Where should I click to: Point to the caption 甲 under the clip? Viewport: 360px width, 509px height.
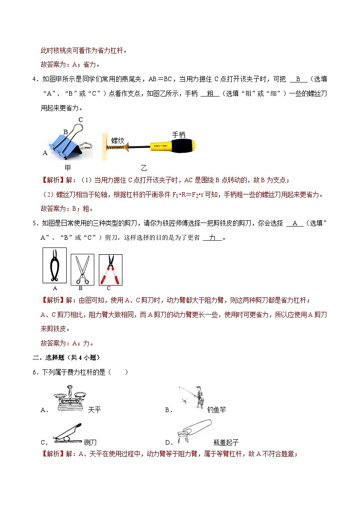[x=68, y=167]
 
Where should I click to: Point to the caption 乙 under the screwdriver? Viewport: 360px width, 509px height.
[x=144, y=167]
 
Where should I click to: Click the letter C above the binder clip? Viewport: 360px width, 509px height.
[x=80, y=120]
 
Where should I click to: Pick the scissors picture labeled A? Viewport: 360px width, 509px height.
[x=54, y=266]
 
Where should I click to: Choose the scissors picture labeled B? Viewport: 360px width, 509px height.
[x=82, y=269]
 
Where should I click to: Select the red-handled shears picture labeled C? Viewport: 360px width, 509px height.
[x=109, y=269]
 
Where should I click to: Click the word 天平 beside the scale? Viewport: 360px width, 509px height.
[x=94, y=410]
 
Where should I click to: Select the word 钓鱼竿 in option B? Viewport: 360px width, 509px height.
[x=216, y=410]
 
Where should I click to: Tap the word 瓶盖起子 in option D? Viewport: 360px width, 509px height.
[x=225, y=442]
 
